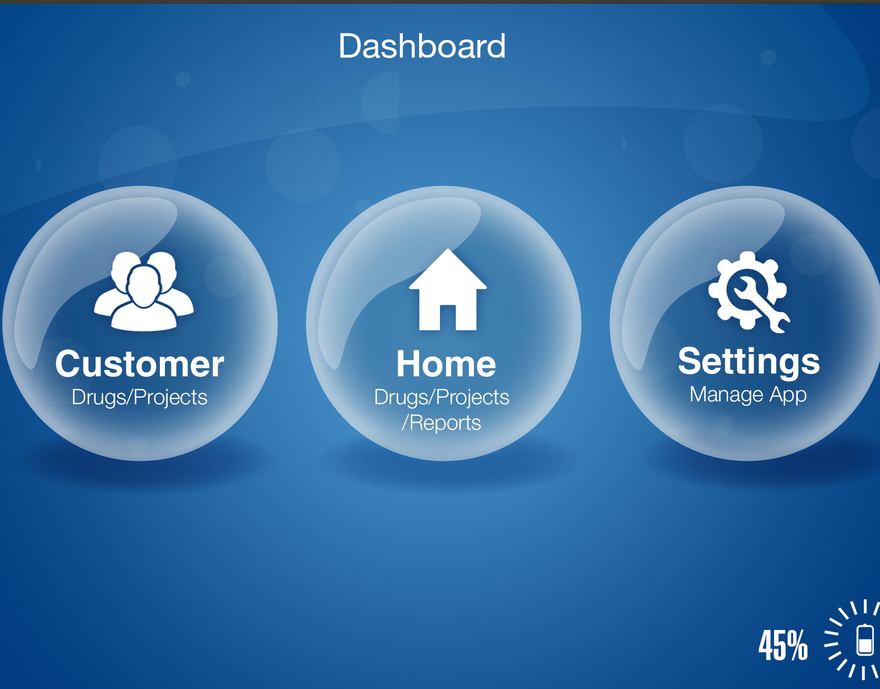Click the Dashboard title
click(x=422, y=46)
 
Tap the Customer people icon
click(x=144, y=291)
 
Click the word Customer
click(x=139, y=364)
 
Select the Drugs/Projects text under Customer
click(x=139, y=398)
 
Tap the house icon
click(x=448, y=289)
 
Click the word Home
click(x=446, y=364)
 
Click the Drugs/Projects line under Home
click(x=441, y=398)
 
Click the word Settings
click(x=749, y=362)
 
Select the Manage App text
click(x=748, y=395)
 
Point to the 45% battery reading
click(x=783, y=645)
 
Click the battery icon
click(x=865, y=640)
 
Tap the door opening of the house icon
click(x=447, y=317)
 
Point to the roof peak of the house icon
click(x=448, y=250)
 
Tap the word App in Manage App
click(x=788, y=396)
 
